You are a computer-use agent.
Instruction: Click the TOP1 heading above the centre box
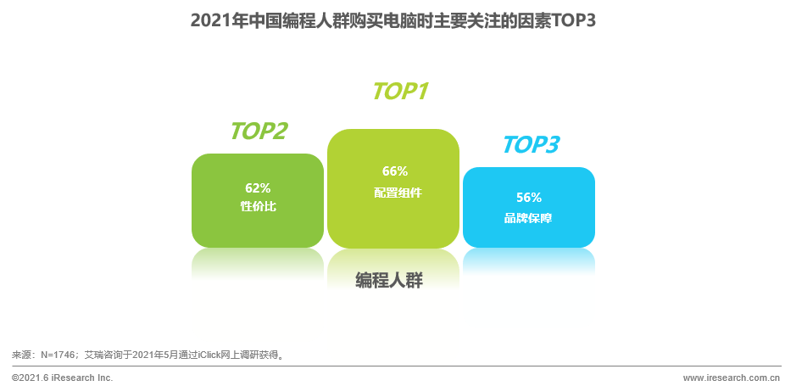(x=401, y=92)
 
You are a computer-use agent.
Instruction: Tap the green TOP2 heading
(x=259, y=131)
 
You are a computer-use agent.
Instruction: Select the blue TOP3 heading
(x=532, y=144)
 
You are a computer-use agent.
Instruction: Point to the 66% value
(x=395, y=171)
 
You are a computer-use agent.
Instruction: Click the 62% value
(x=258, y=188)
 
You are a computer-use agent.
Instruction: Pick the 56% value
(x=529, y=198)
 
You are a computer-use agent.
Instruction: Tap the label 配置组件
(x=398, y=193)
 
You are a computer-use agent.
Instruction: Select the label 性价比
(x=259, y=206)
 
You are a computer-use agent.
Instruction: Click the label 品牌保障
(x=528, y=219)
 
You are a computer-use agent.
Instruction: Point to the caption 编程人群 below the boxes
(x=389, y=281)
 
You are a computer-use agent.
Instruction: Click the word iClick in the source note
(x=209, y=355)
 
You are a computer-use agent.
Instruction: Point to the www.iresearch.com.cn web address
(x=732, y=378)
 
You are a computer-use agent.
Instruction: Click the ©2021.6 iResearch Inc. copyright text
(x=63, y=378)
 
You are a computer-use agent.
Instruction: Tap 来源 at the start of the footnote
(x=20, y=355)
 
